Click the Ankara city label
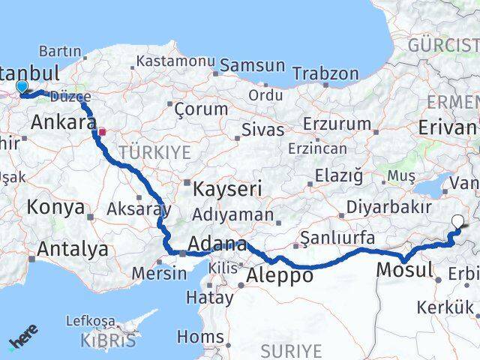pos(64,121)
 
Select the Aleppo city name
pos(280,276)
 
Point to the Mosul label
pos(405,269)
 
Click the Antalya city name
pos(72,249)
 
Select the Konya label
pos(55,208)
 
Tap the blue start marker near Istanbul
pos(22,87)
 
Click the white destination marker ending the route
pos(459,220)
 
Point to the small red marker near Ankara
pos(102,132)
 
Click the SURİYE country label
pos(291,350)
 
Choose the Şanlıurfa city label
pos(337,238)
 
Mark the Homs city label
pos(200,336)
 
